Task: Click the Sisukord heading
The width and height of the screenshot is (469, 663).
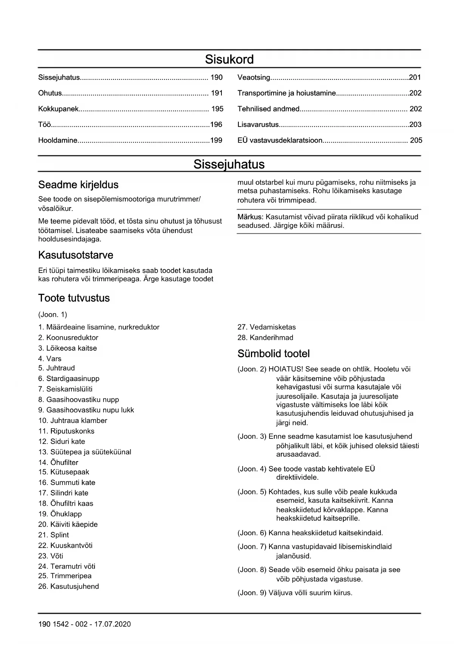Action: click(229, 59)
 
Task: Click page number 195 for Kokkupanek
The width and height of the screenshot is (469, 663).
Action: click(217, 109)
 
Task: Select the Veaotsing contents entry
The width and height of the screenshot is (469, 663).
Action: click(254, 77)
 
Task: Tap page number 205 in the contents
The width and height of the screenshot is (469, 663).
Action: click(416, 140)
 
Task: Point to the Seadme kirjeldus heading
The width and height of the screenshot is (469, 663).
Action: click(78, 185)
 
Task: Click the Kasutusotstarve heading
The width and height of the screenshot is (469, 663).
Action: click(76, 255)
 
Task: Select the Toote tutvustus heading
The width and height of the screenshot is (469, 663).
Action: click(74, 298)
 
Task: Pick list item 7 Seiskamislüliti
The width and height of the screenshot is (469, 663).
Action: click(65, 389)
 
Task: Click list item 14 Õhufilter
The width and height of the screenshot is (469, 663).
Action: click(58, 462)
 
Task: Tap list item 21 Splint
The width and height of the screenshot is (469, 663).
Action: click(54, 535)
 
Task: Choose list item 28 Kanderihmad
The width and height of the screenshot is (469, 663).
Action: click(265, 338)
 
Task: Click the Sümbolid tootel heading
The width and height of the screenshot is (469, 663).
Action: click(274, 354)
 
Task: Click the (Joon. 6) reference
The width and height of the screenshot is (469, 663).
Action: click(252, 533)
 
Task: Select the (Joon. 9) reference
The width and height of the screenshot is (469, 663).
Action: click(252, 593)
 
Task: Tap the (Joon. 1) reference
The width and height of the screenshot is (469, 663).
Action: click(53, 314)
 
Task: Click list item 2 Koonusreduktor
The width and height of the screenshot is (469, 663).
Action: click(68, 338)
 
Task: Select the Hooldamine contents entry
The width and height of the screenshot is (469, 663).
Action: click(58, 140)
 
